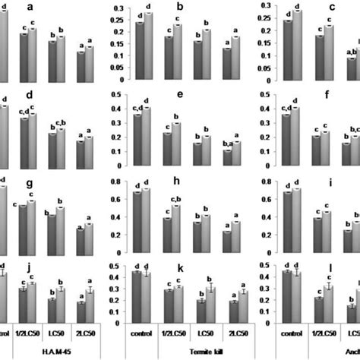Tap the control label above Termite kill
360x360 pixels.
pos(140,332)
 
